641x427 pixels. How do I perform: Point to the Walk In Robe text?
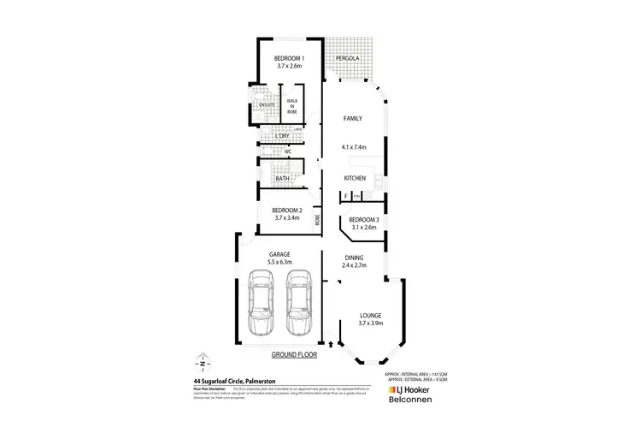coord(292,106)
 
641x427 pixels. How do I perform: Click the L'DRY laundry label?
coord(282,136)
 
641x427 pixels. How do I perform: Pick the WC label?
coord(288,151)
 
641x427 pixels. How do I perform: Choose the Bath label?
coord(282,178)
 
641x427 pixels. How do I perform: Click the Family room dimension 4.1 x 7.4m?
coord(353,147)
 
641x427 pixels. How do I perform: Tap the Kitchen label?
coord(355,178)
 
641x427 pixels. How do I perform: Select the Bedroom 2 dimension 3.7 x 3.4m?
coord(287,218)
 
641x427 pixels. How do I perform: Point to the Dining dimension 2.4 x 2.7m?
coord(355,266)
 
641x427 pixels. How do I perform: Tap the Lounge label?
coord(358,316)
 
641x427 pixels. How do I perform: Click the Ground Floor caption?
coord(293,353)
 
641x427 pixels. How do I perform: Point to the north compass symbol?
coord(202,360)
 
